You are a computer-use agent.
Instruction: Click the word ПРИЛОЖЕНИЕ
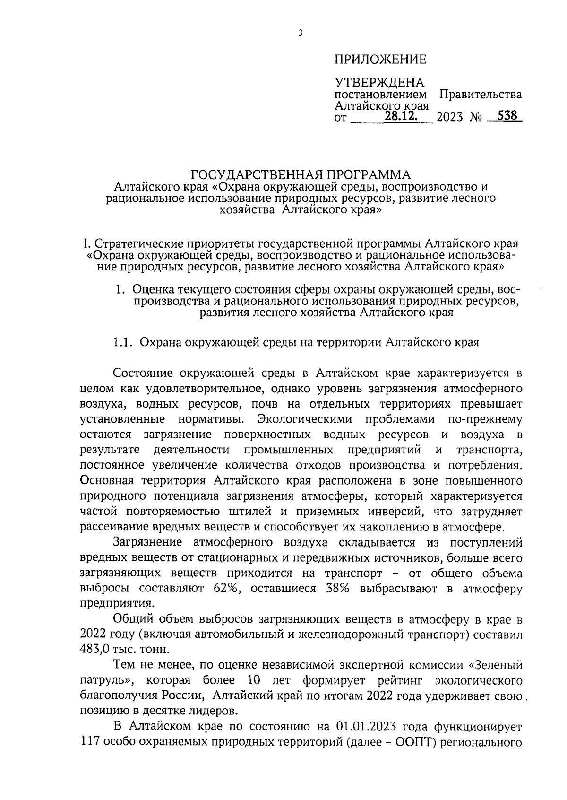380,60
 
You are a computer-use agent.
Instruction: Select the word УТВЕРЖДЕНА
379,83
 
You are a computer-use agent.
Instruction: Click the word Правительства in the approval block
481,94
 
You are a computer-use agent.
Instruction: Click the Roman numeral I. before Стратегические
86,244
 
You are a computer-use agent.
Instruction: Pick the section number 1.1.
125,342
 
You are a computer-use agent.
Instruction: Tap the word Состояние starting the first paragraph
143,374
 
